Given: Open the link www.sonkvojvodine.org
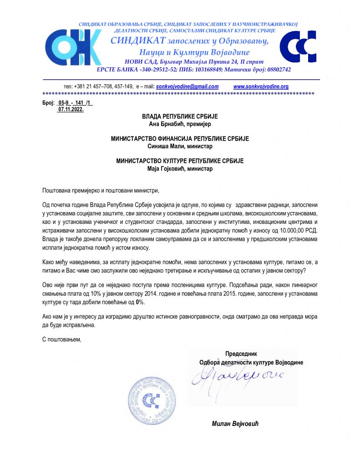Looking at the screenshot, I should point(261,86).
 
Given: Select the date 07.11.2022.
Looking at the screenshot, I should point(71,110).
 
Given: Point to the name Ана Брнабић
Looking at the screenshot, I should point(165,123).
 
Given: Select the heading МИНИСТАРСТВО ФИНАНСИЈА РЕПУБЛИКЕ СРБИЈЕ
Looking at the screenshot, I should point(180,139).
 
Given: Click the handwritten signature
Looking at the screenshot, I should point(238,376).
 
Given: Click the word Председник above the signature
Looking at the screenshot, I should point(241,354).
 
